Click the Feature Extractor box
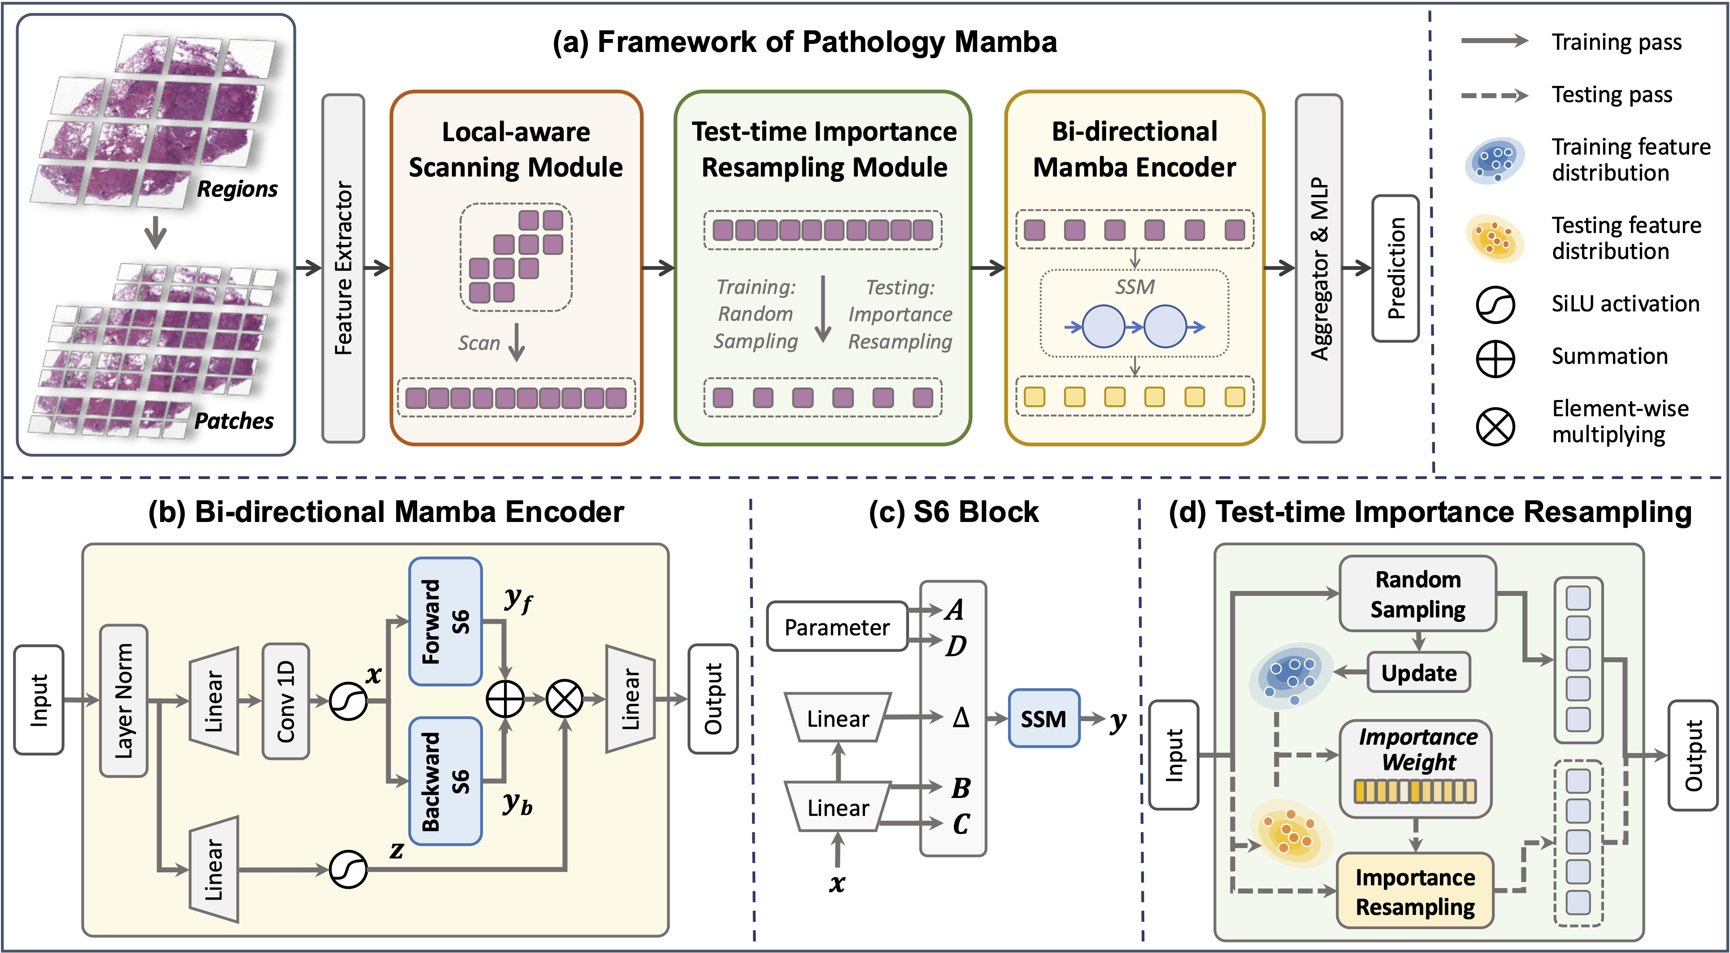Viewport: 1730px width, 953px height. click(343, 268)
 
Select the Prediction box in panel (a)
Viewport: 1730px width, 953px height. click(1395, 268)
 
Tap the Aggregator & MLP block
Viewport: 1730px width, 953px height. click(1318, 268)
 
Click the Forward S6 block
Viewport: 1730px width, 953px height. click(445, 621)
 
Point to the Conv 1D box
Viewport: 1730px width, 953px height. click(286, 701)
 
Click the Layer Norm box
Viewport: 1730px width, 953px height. click(124, 701)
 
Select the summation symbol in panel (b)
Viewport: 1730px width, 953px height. click(505, 699)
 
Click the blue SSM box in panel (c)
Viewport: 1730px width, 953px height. click(1043, 719)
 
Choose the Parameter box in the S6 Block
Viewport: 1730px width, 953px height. click(837, 627)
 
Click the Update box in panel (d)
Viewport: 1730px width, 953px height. click(1418, 673)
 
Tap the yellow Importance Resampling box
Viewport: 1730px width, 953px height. click(1415, 891)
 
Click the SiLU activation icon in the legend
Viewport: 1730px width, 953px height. click(1495, 304)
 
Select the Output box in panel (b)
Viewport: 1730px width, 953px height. click(713, 699)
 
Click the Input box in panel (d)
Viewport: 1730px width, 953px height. click(1173, 755)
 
